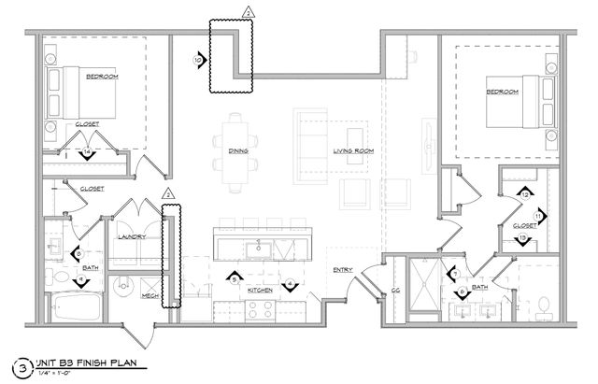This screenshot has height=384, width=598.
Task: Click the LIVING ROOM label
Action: pos(353,150)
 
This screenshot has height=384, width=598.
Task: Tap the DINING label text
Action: pos(237,150)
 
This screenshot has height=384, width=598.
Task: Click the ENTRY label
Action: pos(342,271)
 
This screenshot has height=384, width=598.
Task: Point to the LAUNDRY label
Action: pos(131,236)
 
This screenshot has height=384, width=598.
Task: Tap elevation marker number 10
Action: pos(198,59)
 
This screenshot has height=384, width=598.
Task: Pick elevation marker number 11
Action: pos(539,216)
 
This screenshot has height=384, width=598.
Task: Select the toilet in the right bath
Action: pos(545,305)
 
